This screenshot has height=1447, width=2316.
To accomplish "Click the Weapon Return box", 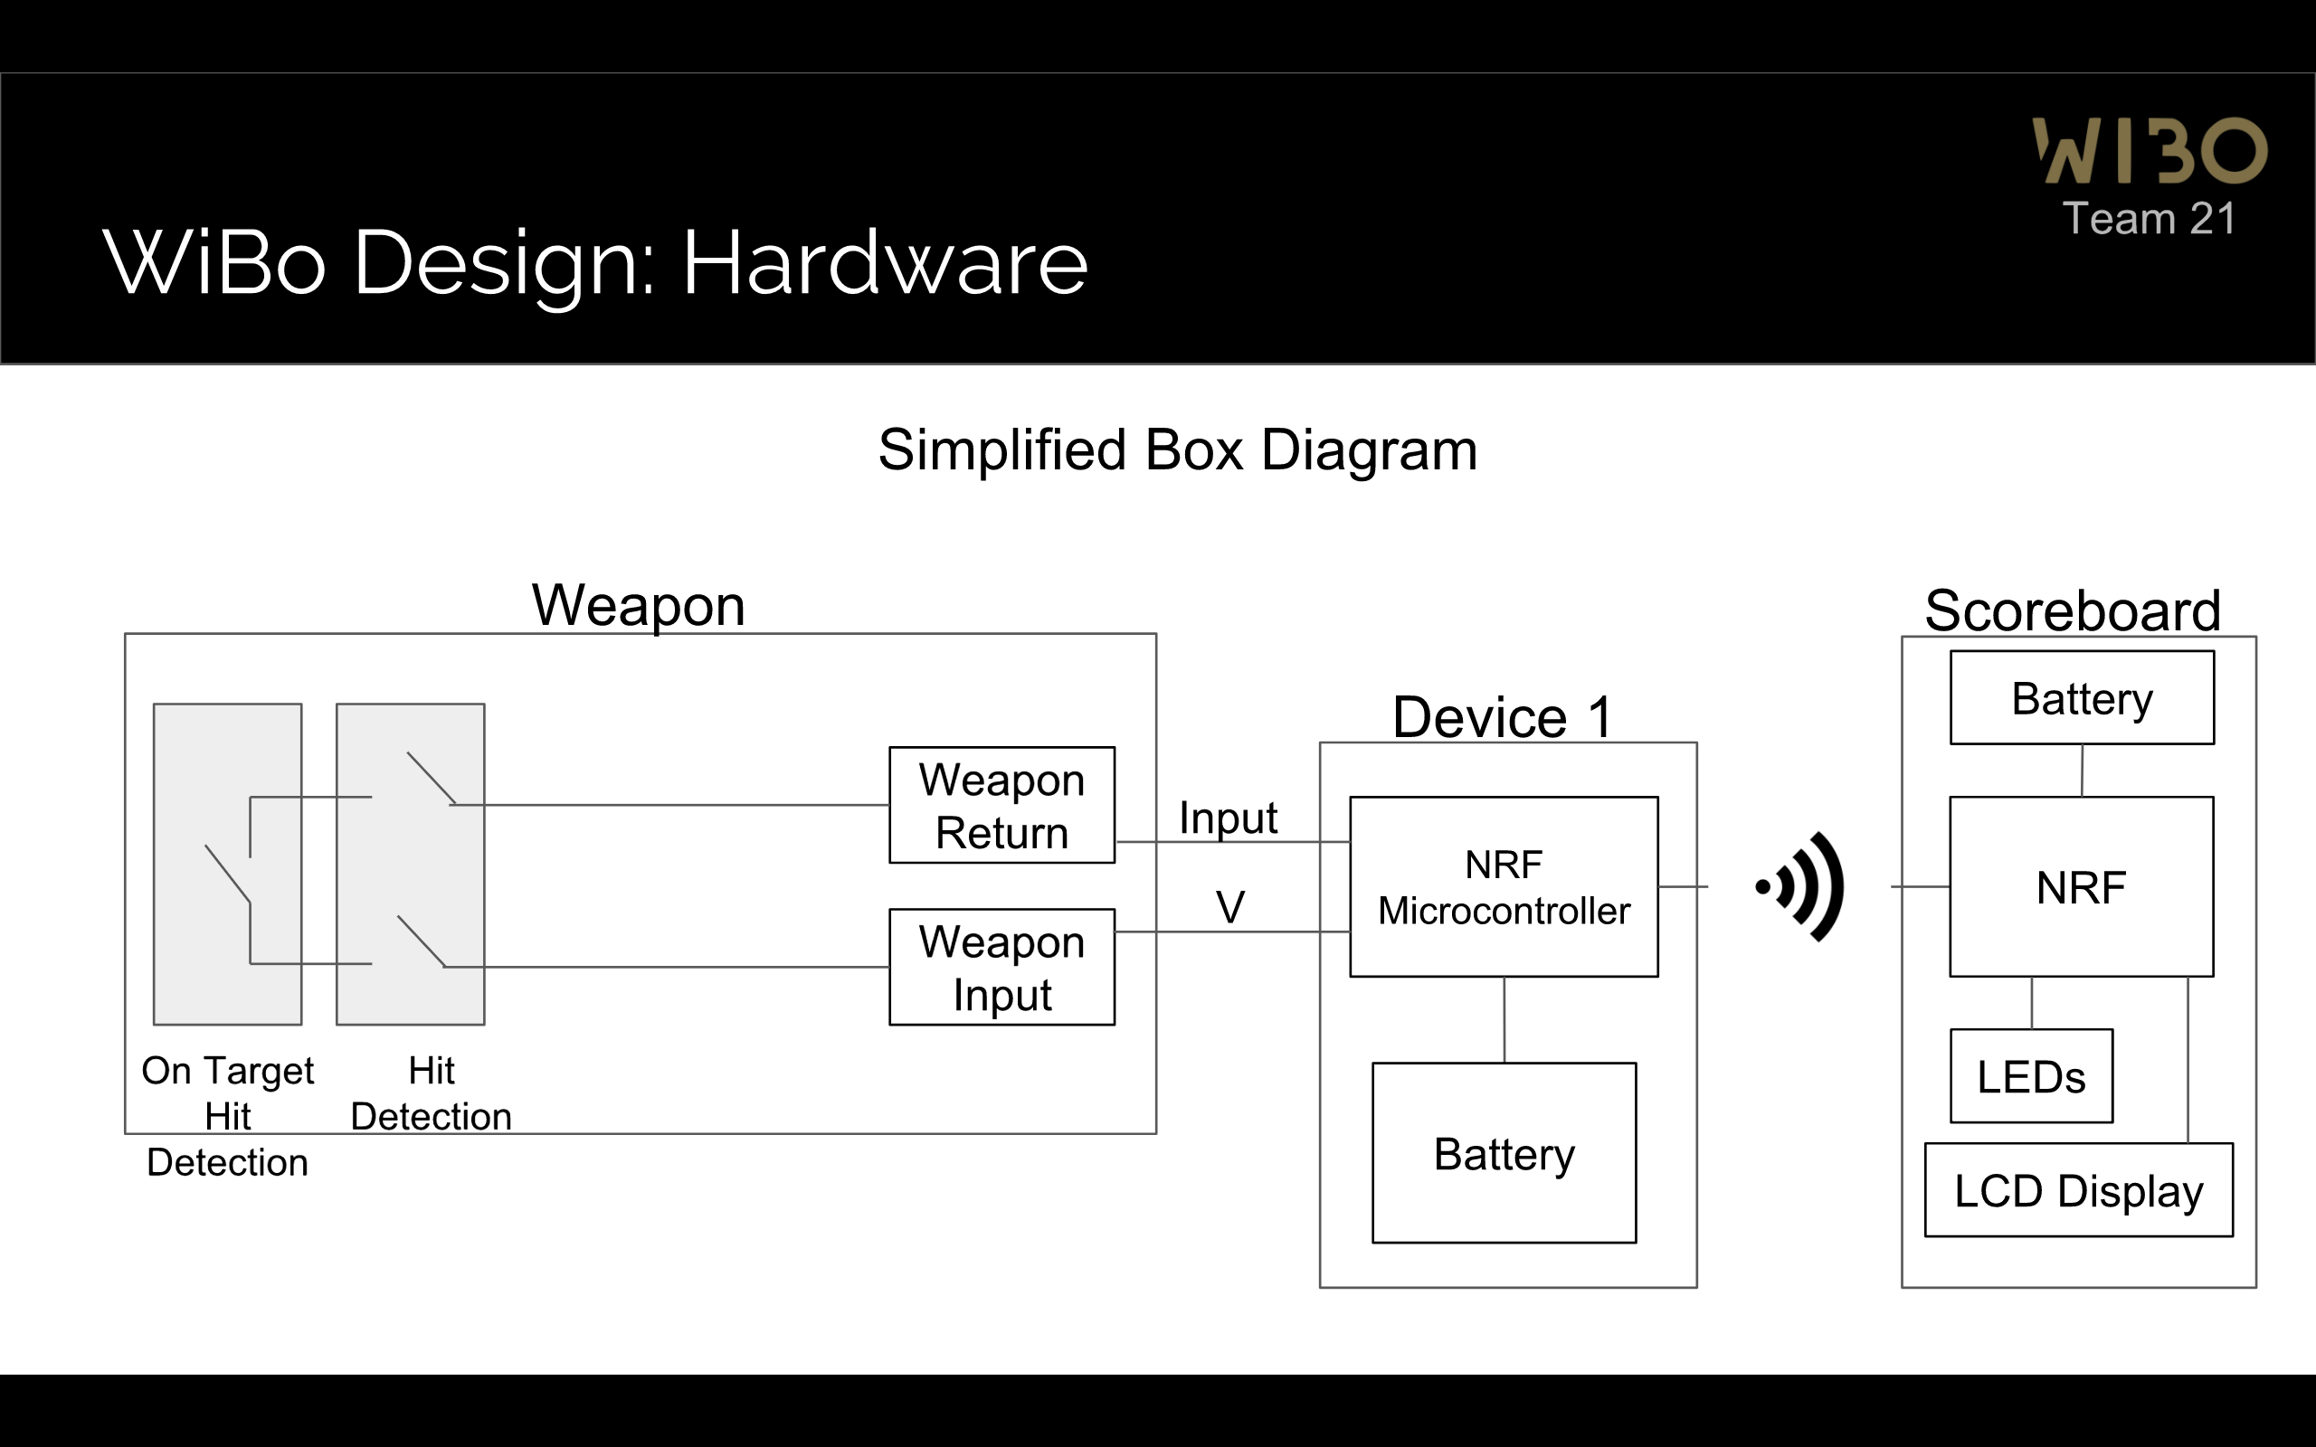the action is [x=1002, y=805].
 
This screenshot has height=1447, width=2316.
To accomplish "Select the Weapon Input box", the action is [x=1002, y=967].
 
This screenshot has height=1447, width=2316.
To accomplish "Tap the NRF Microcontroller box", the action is [x=1504, y=886].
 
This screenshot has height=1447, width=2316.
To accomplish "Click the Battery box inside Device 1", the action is [x=1504, y=1152].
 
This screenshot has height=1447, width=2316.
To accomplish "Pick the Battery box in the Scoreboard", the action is [x=2082, y=697].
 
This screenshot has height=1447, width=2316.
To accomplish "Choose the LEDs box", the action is [x=2031, y=1075].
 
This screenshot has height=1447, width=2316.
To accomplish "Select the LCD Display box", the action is [x=2079, y=1189].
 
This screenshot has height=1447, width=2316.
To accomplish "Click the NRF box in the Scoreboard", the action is [x=2081, y=886].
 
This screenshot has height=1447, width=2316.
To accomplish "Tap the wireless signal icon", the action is [x=1799, y=886].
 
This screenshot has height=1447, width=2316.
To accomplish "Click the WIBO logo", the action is [x=2150, y=150].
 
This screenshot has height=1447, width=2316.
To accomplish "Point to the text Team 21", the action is [x=2150, y=218].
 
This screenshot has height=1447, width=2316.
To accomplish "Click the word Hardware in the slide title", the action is [x=886, y=262].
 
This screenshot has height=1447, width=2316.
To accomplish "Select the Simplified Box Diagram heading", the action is [x=1178, y=449].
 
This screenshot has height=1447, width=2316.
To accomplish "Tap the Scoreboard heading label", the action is [x=2072, y=610].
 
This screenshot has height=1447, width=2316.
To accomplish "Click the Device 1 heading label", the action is [x=1503, y=717].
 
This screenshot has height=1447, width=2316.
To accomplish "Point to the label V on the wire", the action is [x=1230, y=906].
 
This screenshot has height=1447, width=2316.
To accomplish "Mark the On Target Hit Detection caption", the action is [x=228, y=1116].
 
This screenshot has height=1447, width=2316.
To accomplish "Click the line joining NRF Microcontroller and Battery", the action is [x=1504, y=1020].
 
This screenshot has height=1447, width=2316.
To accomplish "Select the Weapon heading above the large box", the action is [x=639, y=606].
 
